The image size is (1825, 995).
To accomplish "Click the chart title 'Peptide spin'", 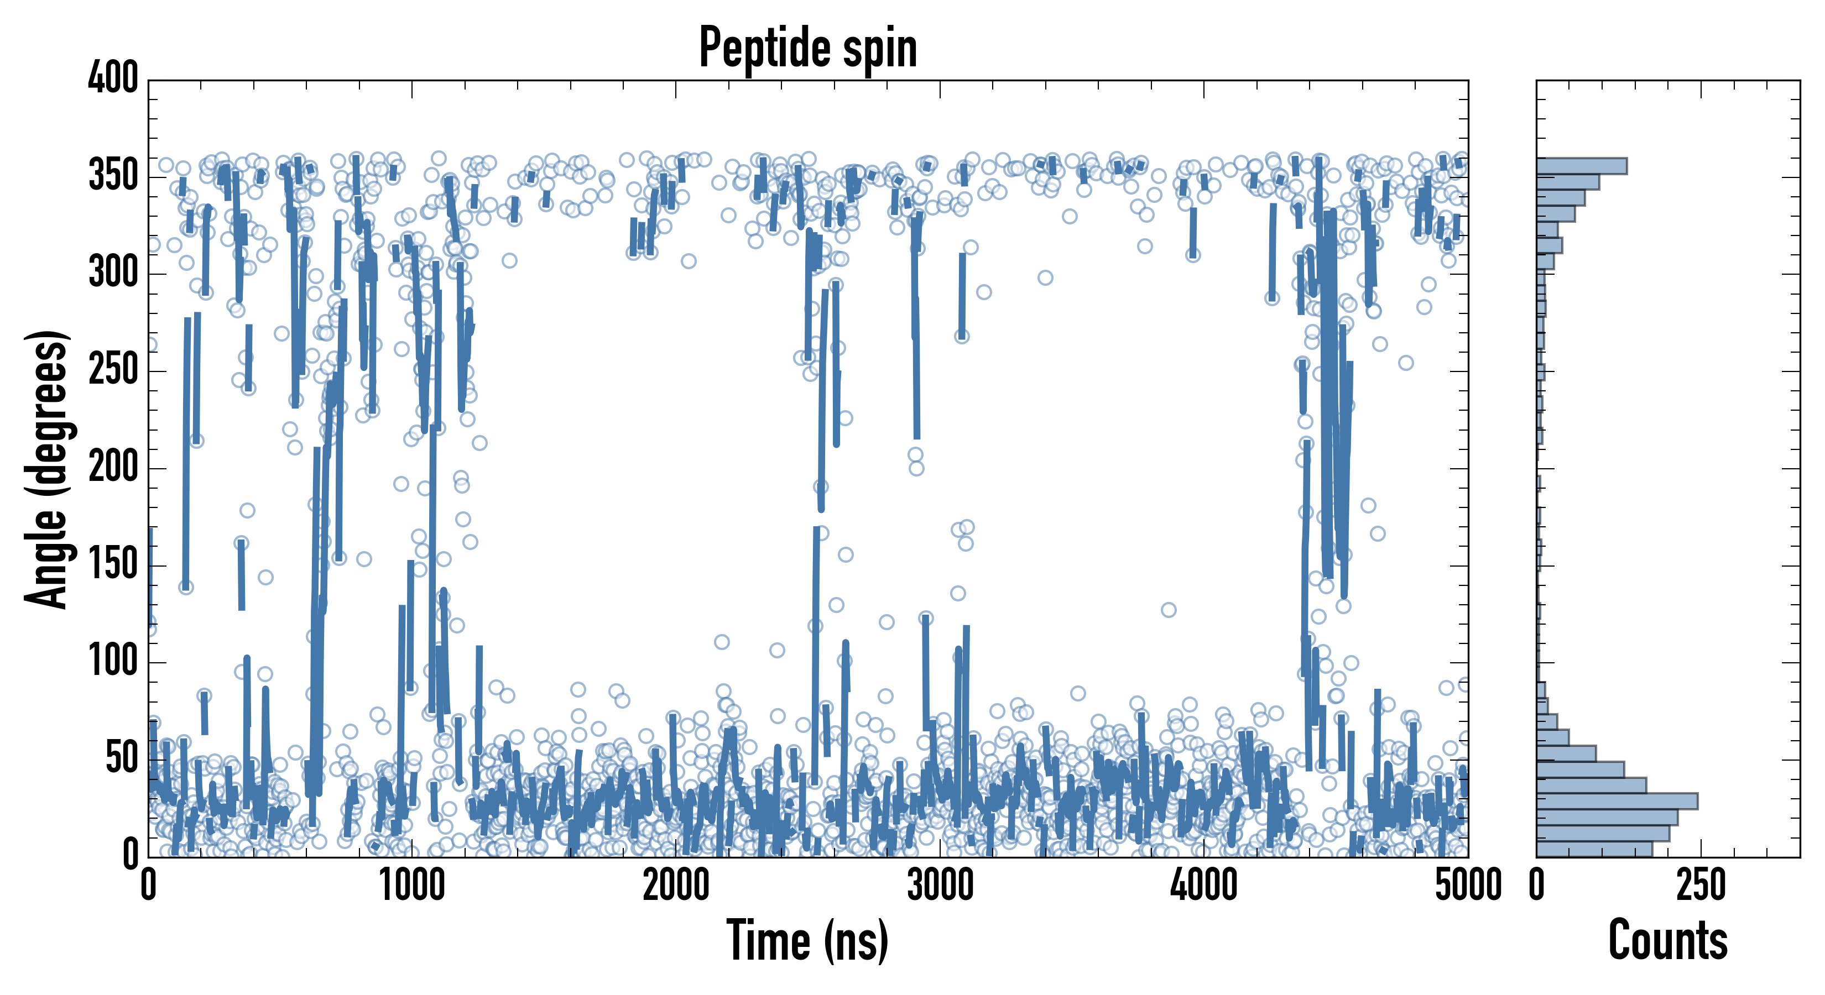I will click(807, 48).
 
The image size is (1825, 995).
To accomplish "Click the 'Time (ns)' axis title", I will click(807, 940).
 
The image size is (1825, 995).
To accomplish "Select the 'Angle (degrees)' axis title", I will click(47, 469).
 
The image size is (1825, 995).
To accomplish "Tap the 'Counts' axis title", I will click(1668, 940).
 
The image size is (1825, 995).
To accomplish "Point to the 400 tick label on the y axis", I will click(113, 78).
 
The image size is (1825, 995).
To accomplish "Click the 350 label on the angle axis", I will click(113, 176).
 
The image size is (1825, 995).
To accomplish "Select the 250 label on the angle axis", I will click(113, 370).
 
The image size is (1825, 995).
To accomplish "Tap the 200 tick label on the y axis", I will click(113, 468).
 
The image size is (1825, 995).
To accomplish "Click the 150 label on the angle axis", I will click(113, 564).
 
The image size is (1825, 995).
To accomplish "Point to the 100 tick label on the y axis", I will click(113, 662).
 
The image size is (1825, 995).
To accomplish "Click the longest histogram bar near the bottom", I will click(1617, 801).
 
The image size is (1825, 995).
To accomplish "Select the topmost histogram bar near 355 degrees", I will click(1581, 166).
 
